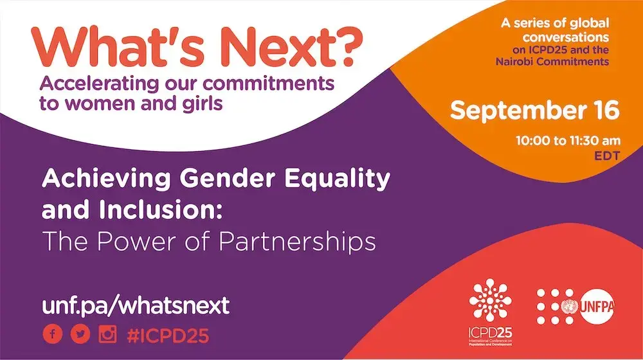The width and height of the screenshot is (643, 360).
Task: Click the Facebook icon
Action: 53,334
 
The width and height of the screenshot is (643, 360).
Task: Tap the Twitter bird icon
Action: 80,334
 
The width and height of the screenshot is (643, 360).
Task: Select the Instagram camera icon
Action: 107,334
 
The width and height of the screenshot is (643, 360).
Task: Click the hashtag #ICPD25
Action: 168,336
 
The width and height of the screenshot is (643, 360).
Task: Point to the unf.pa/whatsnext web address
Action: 136,306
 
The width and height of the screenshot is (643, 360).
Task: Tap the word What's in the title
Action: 118,47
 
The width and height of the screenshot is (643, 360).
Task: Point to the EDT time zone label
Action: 608,156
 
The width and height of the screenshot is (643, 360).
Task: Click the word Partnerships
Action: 297,242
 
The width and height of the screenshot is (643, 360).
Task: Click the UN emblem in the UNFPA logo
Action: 569,306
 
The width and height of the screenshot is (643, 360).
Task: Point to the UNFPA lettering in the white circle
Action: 597,307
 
